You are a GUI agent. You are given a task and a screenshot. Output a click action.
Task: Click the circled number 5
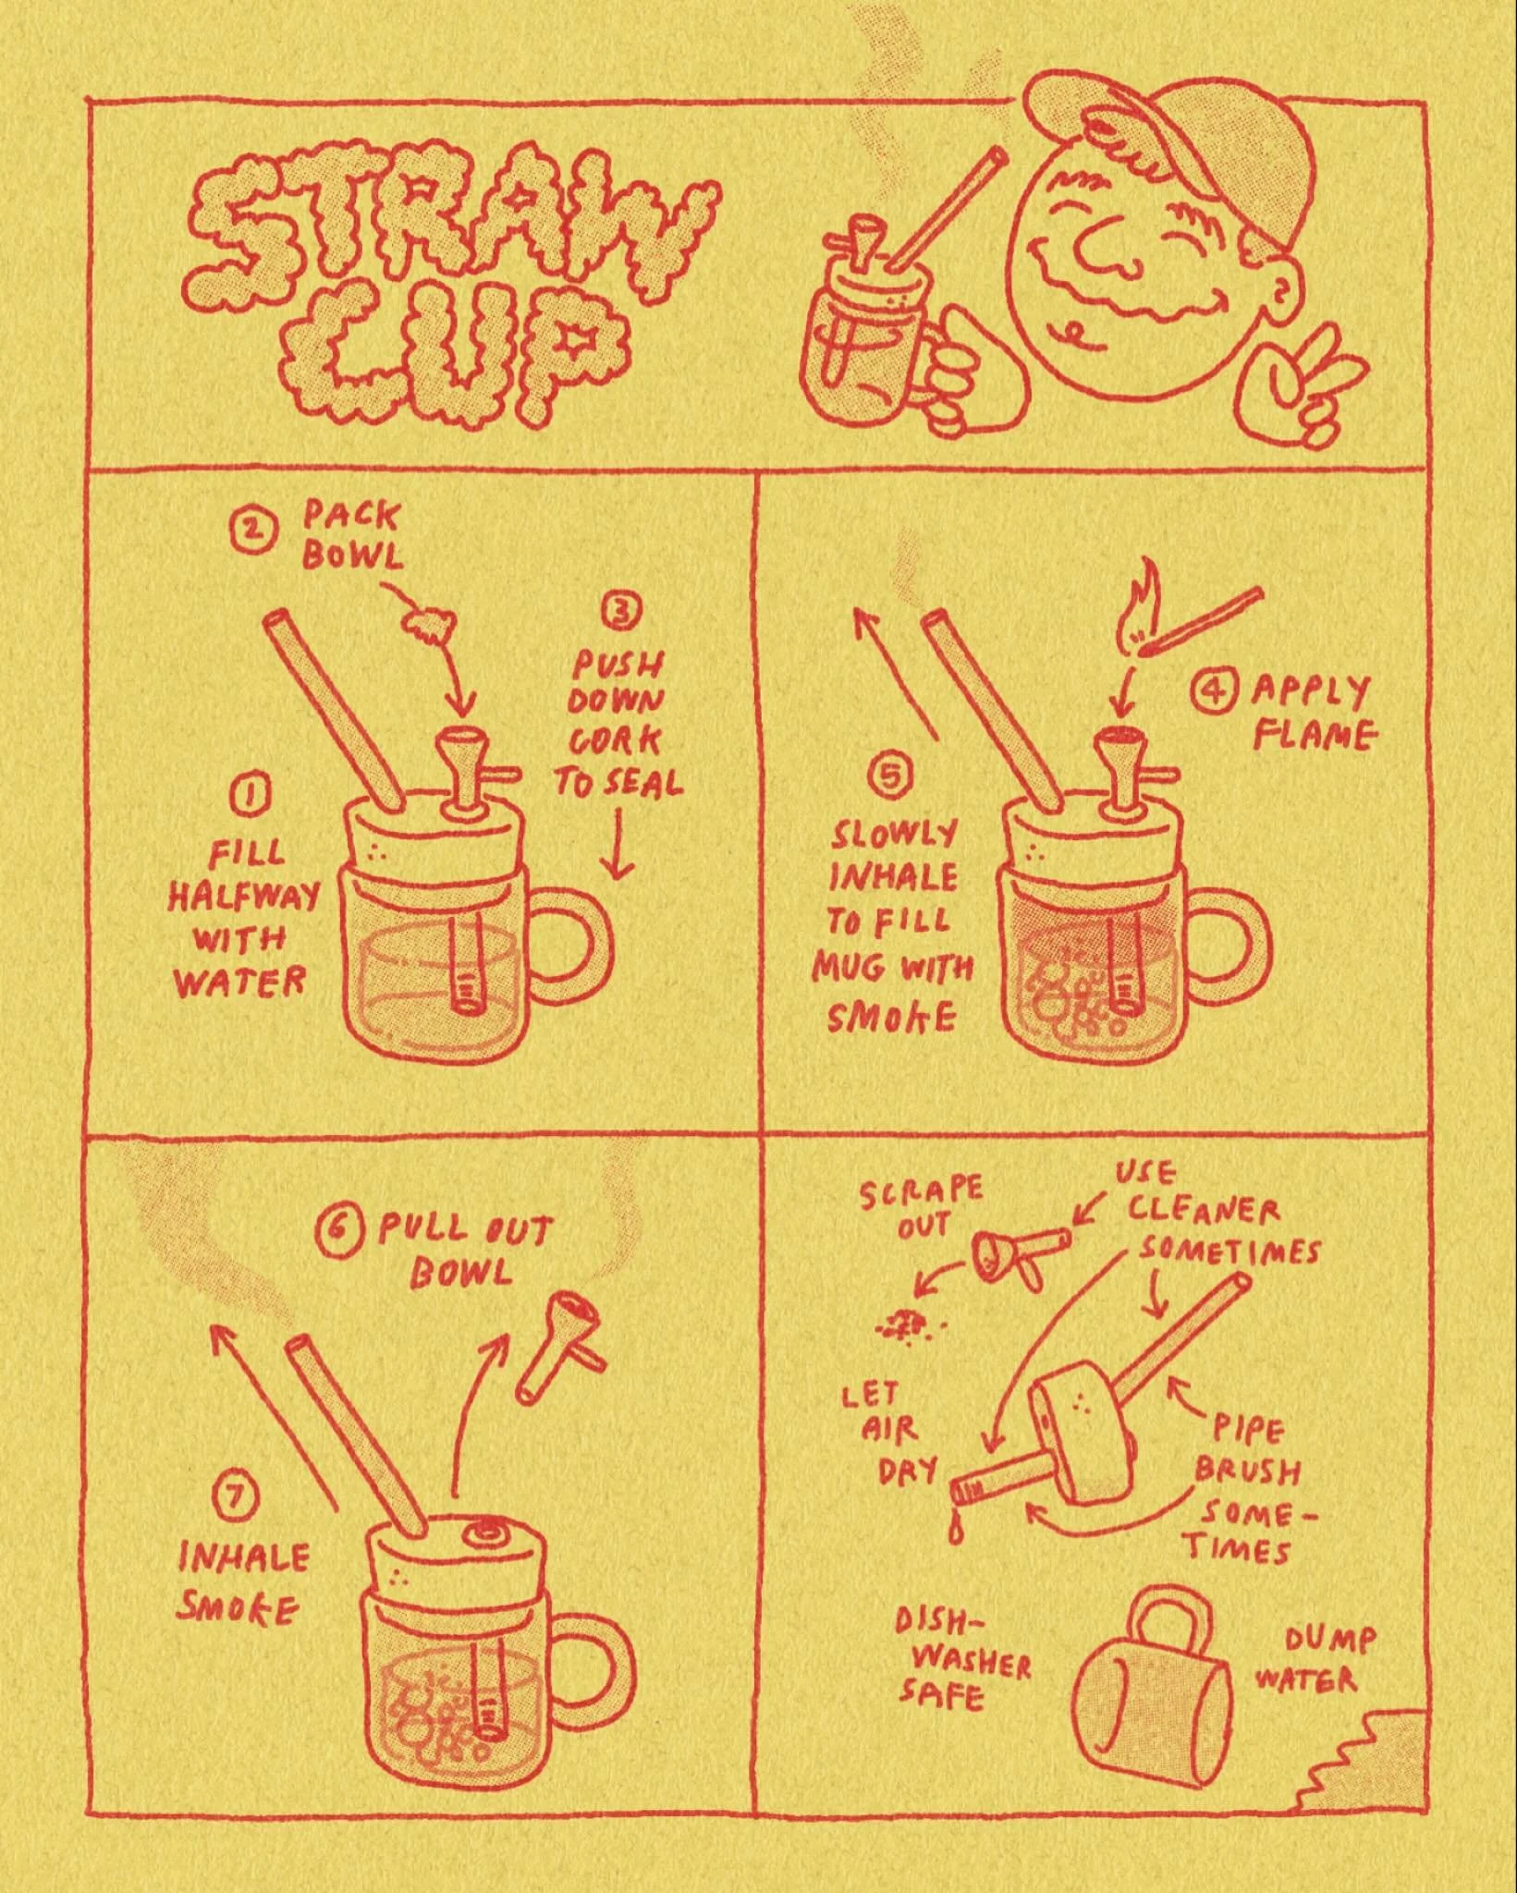[x=891, y=779]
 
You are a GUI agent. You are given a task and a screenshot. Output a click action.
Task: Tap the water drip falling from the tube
[x=953, y=1530]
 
